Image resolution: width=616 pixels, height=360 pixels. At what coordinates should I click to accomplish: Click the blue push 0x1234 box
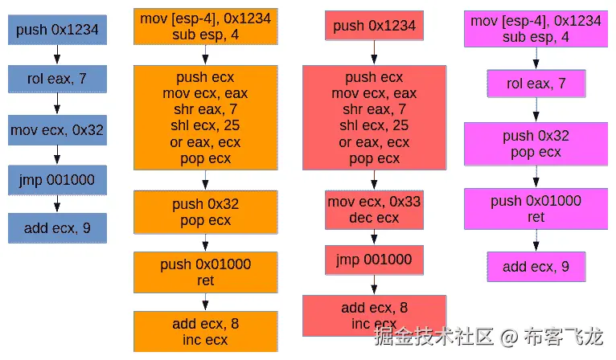[56, 31]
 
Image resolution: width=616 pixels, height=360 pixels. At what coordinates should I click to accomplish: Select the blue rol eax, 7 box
[56, 80]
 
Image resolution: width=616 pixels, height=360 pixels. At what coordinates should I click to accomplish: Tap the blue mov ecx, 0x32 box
[56, 129]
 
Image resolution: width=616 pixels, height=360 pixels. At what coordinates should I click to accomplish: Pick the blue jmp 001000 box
[56, 179]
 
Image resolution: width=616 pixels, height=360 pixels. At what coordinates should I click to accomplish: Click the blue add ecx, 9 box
[56, 228]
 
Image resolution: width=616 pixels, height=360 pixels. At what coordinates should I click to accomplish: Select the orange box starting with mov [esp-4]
[205, 27]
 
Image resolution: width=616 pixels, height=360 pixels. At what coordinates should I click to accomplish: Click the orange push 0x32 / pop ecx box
[205, 212]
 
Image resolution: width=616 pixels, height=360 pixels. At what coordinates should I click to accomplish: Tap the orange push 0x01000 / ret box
[205, 272]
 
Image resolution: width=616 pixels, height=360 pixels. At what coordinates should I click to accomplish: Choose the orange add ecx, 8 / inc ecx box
[205, 332]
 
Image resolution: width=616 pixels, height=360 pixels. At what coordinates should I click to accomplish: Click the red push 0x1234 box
[374, 27]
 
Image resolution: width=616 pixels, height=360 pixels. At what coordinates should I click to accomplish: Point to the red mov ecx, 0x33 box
[374, 209]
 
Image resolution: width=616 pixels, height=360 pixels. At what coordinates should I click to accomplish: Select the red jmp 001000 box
[374, 259]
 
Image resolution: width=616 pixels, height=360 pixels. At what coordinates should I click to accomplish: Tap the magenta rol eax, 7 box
[536, 84]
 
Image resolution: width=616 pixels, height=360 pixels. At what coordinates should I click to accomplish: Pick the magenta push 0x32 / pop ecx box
[536, 144]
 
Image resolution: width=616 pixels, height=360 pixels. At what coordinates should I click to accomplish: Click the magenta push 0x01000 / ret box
[536, 208]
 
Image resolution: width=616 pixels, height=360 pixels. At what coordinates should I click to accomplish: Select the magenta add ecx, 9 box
[536, 267]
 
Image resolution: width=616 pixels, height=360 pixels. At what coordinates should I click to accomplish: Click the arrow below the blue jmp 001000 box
[56, 204]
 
